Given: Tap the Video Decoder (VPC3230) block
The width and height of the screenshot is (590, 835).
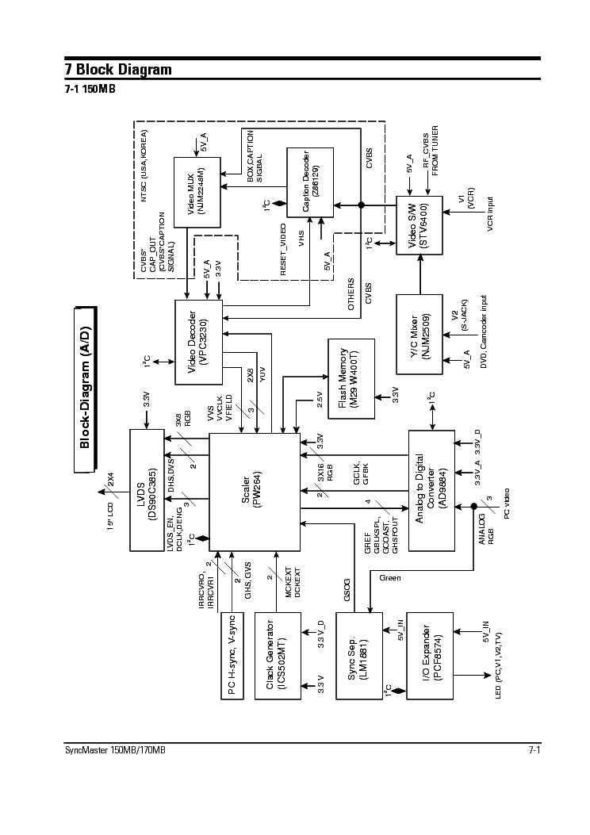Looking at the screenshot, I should point(199,342).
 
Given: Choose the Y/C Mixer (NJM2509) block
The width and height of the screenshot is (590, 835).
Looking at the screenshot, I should point(420,334).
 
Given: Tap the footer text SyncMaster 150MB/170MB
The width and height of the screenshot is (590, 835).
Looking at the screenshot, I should point(116,751).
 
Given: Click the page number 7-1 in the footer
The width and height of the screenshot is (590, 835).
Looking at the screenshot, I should point(534,751).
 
